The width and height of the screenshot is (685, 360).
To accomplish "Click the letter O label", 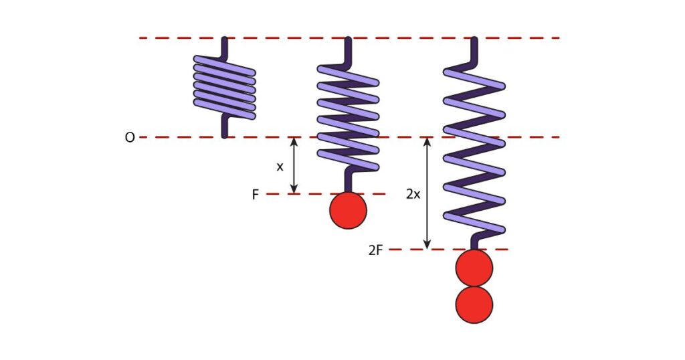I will (130, 138).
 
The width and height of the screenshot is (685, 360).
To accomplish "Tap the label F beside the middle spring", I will (255, 195).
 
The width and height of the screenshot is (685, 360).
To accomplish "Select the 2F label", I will (375, 251).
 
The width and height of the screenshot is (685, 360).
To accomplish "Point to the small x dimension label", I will (280, 167).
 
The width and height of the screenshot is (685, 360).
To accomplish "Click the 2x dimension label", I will (413, 194).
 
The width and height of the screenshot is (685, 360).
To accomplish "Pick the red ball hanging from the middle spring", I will (348, 210).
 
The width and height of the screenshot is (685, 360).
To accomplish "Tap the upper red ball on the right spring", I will (474, 268).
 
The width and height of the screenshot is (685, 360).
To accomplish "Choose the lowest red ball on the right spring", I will (474, 305).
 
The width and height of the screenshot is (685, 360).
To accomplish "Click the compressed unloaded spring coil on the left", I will (225, 88).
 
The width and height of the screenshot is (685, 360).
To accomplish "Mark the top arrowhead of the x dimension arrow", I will (294, 141).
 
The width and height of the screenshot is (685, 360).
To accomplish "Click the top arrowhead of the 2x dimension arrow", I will (427, 141).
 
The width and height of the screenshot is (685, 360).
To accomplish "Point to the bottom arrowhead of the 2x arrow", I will (427, 245).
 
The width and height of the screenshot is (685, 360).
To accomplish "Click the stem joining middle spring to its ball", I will (348, 181).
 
